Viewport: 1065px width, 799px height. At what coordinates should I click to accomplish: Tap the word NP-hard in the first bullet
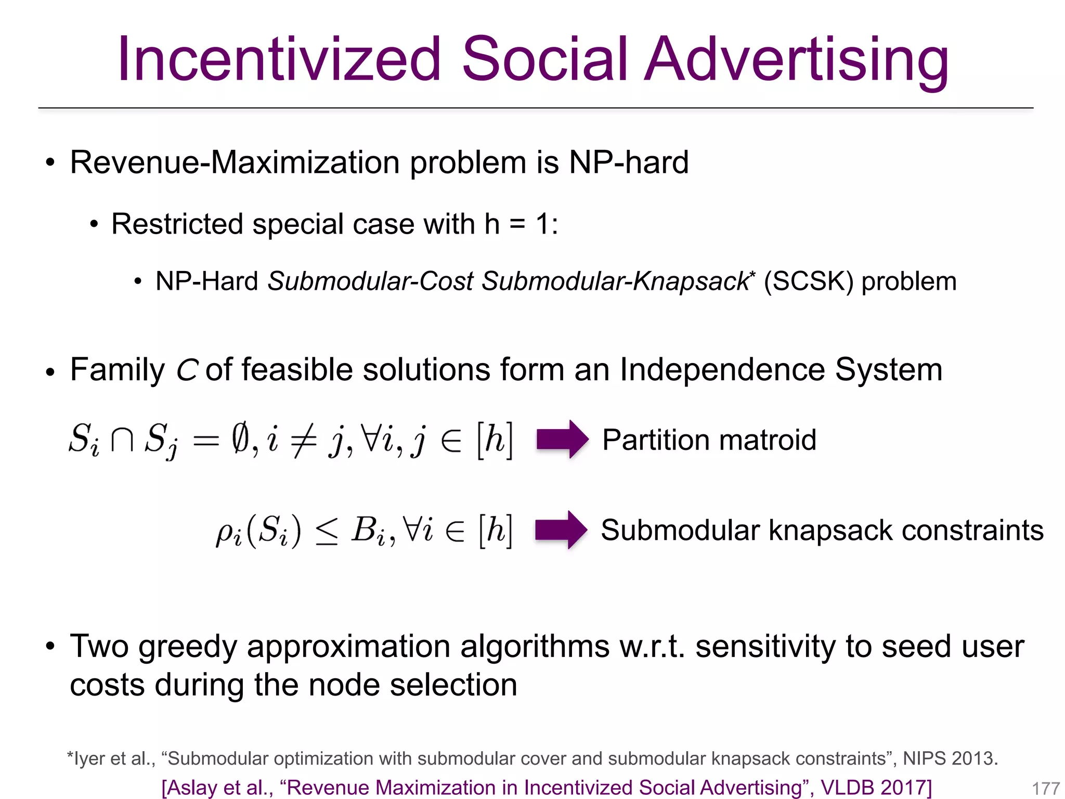pyautogui.click(x=629, y=162)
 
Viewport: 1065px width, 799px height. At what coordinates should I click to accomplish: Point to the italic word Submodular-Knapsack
pyautogui.click(x=615, y=281)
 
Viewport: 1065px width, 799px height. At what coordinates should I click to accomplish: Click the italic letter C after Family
pyautogui.click(x=186, y=371)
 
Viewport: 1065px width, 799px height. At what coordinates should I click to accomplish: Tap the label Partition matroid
pyautogui.click(x=709, y=440)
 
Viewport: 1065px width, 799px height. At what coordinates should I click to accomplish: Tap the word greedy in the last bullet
pyautogui.click(x=187, y=648)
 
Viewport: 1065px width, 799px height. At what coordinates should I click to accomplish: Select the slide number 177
pyautogui.click(x=1045, y=788)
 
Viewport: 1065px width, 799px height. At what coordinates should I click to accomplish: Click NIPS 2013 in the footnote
pyautogui.click(x=950, y=758)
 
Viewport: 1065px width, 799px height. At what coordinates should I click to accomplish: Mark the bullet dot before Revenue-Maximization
pyautogui.click(x=50, y=163)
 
